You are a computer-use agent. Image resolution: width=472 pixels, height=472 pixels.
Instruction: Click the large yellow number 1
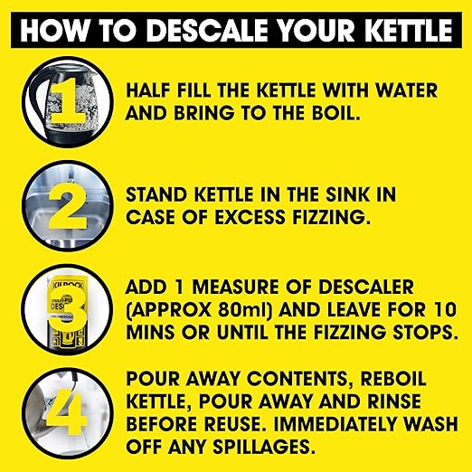[68, 102]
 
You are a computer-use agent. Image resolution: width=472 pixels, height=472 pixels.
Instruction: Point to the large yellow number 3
[68, 309]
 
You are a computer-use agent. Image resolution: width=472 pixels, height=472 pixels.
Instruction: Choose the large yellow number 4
[68, 412]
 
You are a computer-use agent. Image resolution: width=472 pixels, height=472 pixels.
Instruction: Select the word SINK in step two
[347, 194]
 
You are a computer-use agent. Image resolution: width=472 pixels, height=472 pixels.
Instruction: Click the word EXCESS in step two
[250, 217]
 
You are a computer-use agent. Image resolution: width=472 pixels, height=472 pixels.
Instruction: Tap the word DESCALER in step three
[365, 287]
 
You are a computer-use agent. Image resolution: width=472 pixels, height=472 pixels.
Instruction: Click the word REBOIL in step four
[393, 379]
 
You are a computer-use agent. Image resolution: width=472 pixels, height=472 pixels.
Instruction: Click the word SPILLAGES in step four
[263, 447]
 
